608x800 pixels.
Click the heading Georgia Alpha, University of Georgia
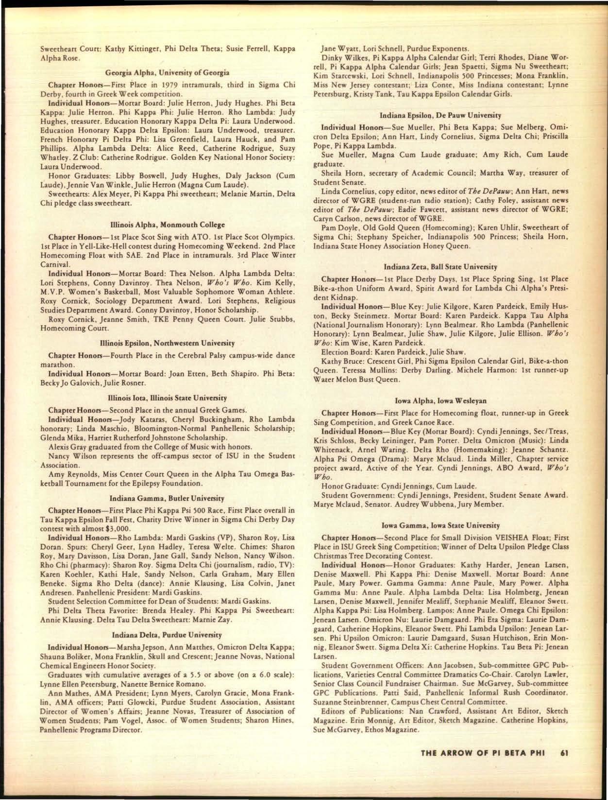click(168, 73)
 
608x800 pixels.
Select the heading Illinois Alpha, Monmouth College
click(168, 225)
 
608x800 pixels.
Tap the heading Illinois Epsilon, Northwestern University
click(168, 343)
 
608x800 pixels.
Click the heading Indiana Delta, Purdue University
click(168, 635)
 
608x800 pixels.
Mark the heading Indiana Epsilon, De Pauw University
click(440, 116)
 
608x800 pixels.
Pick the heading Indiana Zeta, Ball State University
click(440, 267)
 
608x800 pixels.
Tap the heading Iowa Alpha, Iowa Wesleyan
click(440, 401)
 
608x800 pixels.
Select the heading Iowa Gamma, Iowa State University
click(440, 525)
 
